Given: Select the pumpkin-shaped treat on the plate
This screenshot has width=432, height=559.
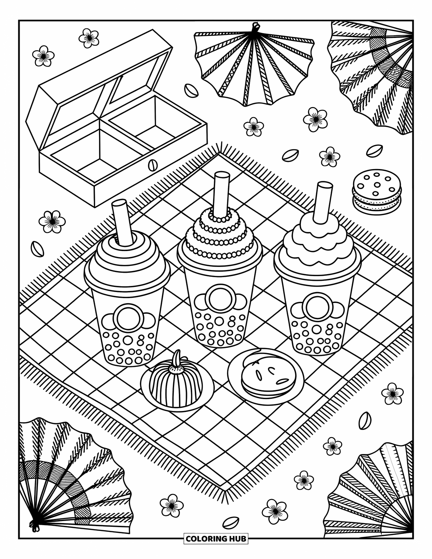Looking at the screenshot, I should [x=176, y=382].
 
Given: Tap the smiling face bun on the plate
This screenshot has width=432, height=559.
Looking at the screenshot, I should [x=268, y=374].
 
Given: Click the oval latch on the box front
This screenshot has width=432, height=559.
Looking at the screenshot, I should [x=153, y=165].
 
